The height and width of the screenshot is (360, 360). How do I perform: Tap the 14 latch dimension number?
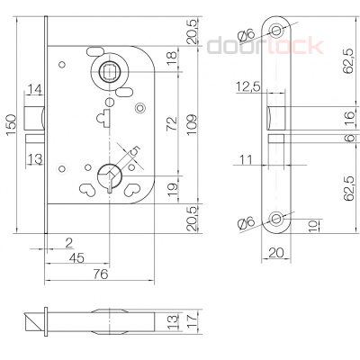pyautogui.click(x=33, y=89)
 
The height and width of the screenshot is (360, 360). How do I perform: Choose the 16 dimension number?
pyautogui.click(x=322, y=116)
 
